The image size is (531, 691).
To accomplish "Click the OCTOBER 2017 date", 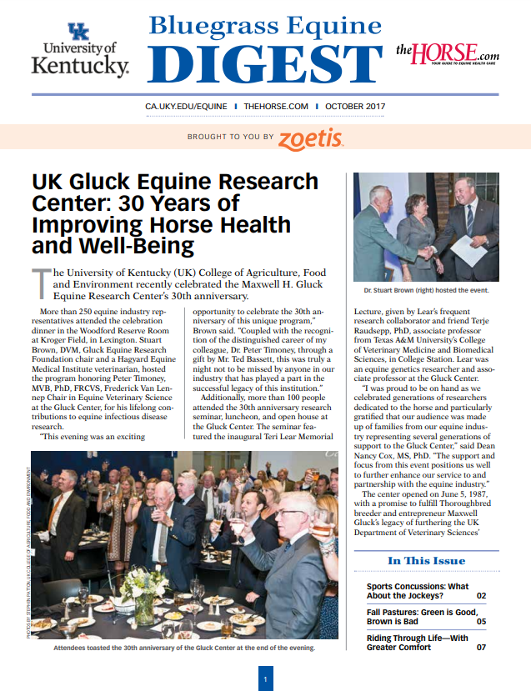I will coord(355,108).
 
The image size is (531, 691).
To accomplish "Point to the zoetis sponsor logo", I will coord(311,138).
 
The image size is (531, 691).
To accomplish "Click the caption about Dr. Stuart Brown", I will coord(425,290).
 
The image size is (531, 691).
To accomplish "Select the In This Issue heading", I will coord(426,560).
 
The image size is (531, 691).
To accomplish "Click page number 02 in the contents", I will coord(481,596).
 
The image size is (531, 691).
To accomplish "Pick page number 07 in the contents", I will coord(481,648).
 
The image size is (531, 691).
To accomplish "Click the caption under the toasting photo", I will coord(184,648).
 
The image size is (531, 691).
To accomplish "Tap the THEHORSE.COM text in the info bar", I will coord(276,108).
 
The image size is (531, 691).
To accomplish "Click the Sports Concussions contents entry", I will coord(417,591).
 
